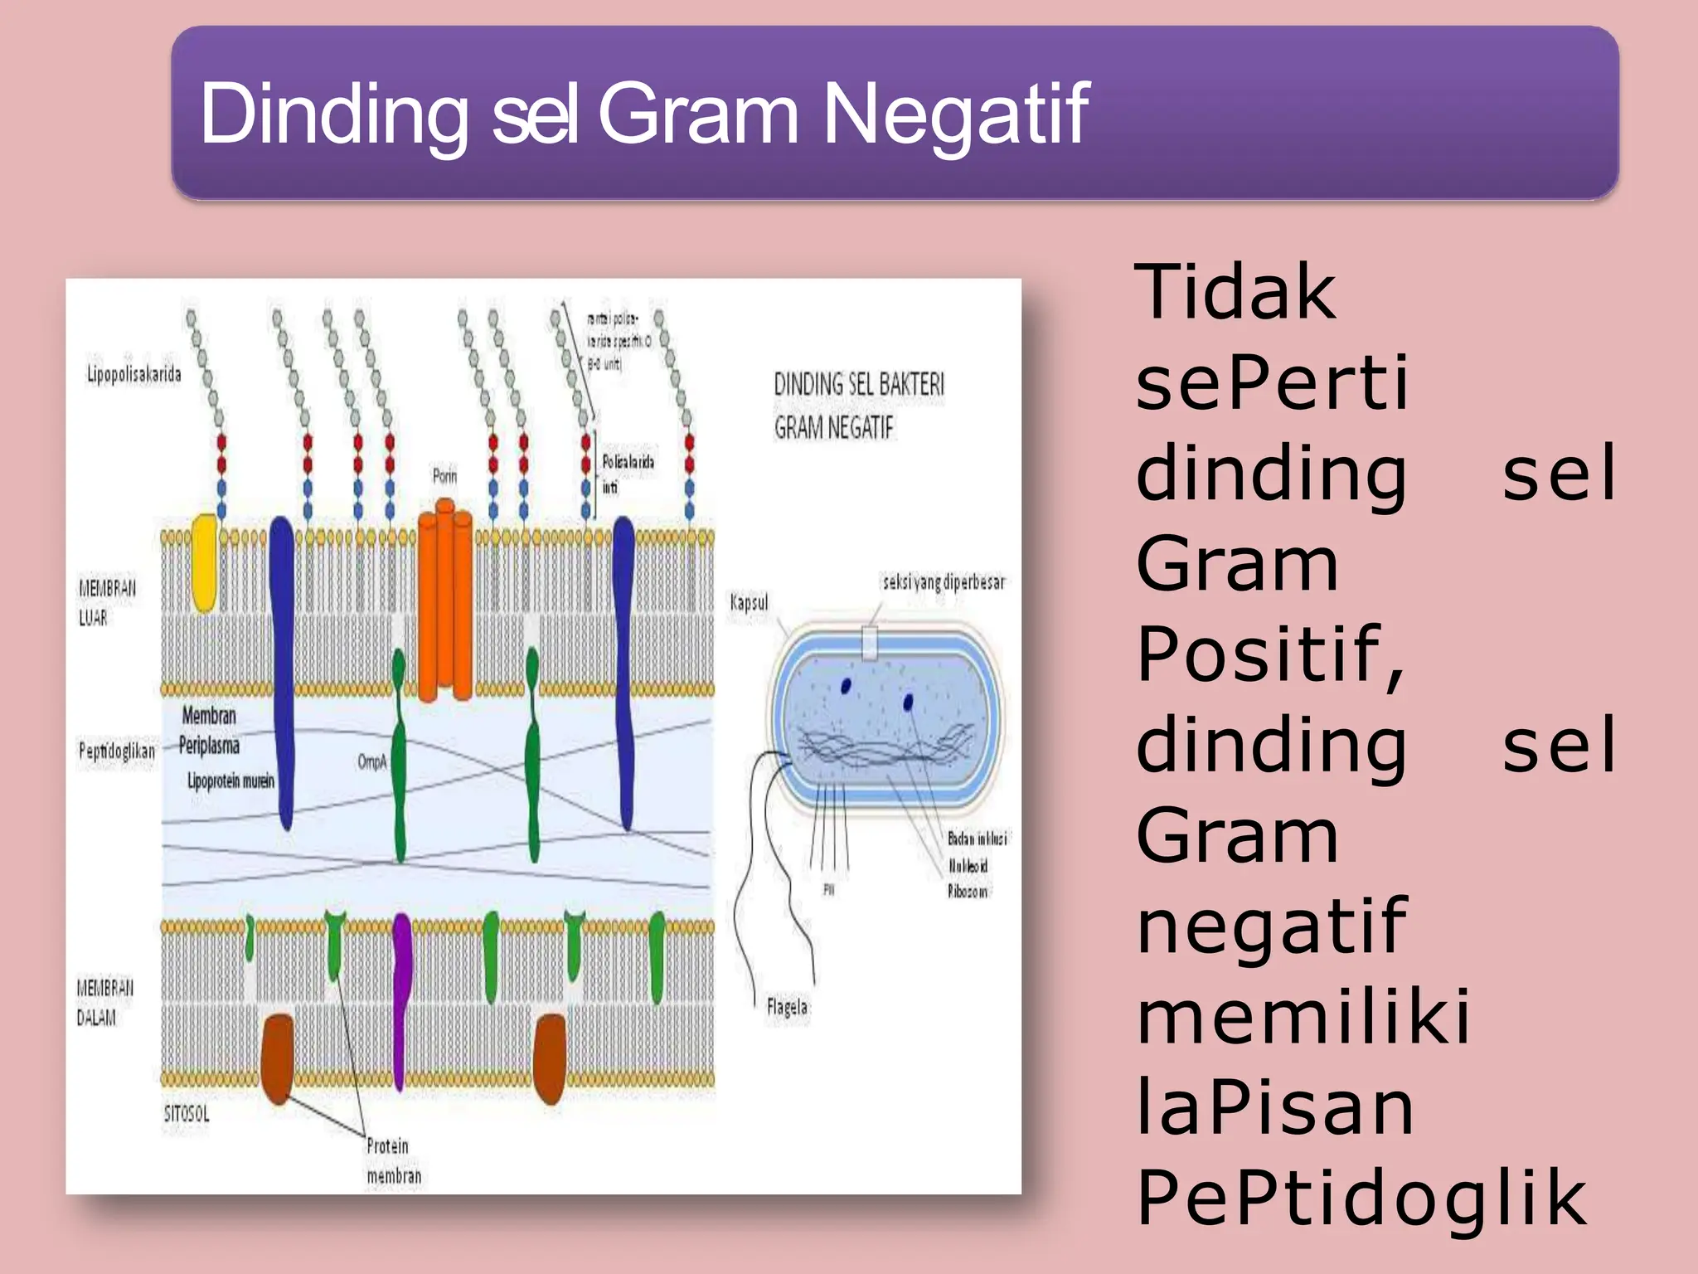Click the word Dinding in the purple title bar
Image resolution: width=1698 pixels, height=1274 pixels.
[333, 114]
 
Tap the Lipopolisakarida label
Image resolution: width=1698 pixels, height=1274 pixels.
[133, 374]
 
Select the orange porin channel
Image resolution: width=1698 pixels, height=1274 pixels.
[444, 605]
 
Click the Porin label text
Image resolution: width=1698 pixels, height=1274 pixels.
[444, 476]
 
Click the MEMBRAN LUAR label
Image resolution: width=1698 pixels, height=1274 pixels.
[106, 603]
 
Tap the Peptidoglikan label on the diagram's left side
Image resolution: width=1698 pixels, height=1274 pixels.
[116, 751]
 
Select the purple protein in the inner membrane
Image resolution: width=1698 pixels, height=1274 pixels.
[401, 995]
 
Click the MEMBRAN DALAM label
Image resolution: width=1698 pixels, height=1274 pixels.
[104, 1002]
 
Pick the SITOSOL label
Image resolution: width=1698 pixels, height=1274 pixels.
[187, 1113]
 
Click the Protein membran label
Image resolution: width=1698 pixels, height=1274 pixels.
[393, 1160]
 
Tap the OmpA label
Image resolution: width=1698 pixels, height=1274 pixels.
[372, 761]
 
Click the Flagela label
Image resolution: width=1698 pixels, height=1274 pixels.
[787, 1007]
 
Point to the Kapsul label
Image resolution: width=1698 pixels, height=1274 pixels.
[749, 602]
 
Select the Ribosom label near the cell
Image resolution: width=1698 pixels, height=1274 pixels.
[968, 892]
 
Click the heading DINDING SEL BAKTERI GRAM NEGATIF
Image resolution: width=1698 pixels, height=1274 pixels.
[858, 406]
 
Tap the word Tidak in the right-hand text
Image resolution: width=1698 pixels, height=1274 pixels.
[1235, 292]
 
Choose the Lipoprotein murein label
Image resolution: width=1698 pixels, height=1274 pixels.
[230, 780]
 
